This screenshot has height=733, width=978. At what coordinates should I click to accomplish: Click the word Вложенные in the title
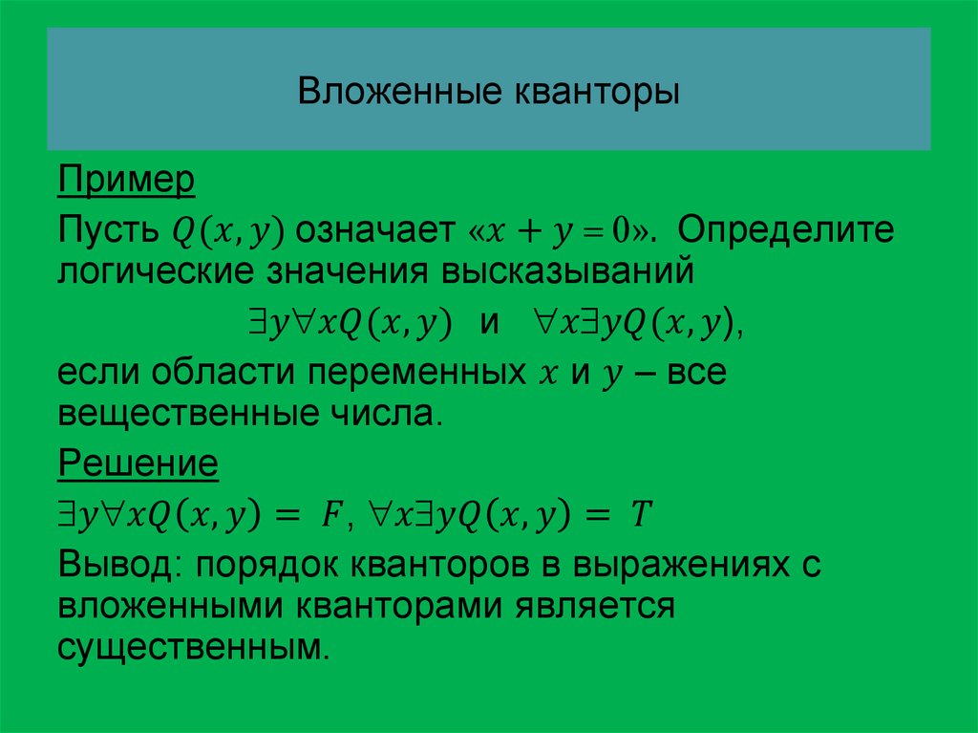click(400, 91)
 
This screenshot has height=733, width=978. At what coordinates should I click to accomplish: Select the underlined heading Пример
click(126, 181)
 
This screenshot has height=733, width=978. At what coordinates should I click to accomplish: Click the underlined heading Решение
click(138, 464)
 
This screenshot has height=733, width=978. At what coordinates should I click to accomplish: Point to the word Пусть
click(108, 229)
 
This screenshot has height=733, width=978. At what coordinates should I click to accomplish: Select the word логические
click(156, 271)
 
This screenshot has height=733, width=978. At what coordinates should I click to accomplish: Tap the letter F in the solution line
click(330, 515)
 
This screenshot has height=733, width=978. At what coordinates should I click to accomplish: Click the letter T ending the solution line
click(641, 515)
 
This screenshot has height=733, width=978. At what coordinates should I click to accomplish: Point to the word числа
click(382, 414)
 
